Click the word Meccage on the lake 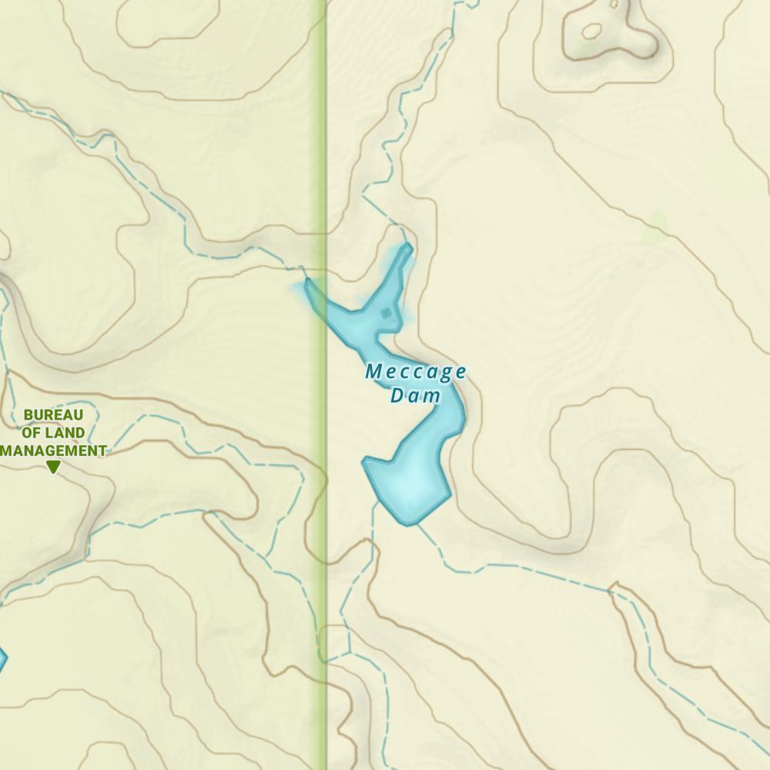[416, 373]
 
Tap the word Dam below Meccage [415, 396]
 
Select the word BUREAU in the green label [53, 415]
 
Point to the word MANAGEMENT [53, 450]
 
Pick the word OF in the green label [32, 433]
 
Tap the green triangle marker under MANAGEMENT [53, 467]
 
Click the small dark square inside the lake [386, 313]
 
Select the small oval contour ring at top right [591, 32]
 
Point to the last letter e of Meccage [460, 373]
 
